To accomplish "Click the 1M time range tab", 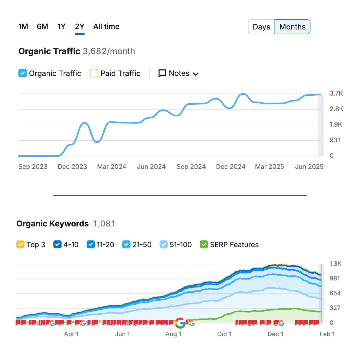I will click(x=23, y=27).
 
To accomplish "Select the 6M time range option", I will click(x=42, y=27).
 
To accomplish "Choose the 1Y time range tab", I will click(x=61, y=27).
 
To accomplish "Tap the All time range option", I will click(x=106, y=27).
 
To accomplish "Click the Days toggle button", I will click(x=261, y=27).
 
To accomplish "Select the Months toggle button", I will click(x=292, y=27).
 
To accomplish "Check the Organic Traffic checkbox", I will click(x=22, y=73).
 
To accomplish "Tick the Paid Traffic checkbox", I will click(x=94, y=73).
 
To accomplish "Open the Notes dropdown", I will click(x=179, y=73).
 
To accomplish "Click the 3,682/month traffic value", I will click(x=109, y=51).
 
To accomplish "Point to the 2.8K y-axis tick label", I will click(x=336, y=109).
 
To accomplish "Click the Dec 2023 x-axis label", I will click(x=72, y=167).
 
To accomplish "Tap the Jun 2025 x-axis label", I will click(x=309, y=167).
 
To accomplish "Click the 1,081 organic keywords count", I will click(x=104, y=224).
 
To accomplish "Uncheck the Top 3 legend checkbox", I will click(x=21, y=244).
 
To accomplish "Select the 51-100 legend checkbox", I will click(x=164, y=244).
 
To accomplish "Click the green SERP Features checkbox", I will click(x=204, y=244).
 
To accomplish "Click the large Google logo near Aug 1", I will click(x=180, y=323).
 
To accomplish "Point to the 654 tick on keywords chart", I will click(x=335, y=293).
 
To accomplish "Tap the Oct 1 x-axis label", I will click(x=224, y=334).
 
